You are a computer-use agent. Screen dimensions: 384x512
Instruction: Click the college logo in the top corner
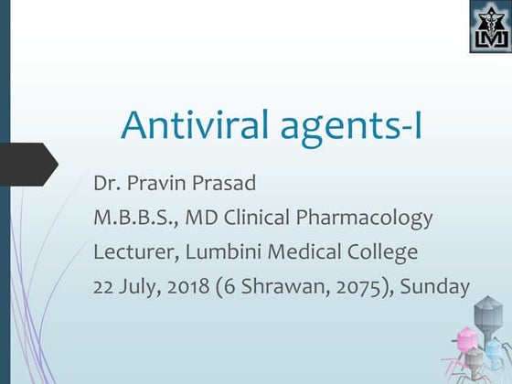pyautogui.click(x=489, y=27)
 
